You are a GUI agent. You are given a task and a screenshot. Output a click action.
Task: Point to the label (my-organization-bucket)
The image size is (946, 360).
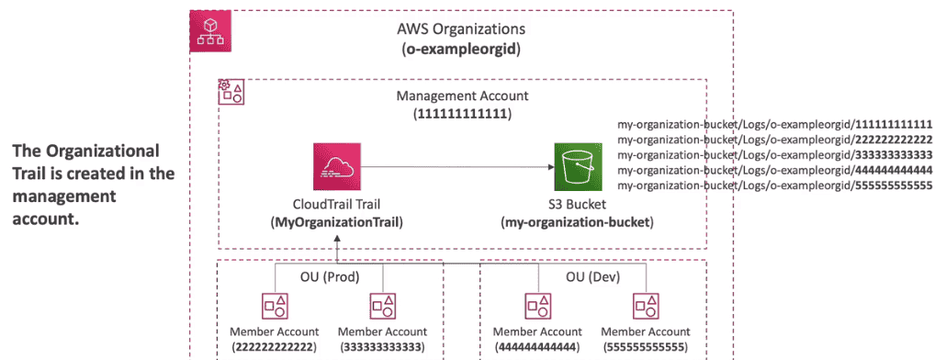click(x=570, y=222)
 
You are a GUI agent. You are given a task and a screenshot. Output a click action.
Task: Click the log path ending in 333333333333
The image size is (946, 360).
click(x=774, y=154)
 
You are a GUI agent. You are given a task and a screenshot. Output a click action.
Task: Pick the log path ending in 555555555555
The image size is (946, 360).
click(x=774, y=186)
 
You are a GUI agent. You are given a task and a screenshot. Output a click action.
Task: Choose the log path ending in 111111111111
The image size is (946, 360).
click(x=774, y=123)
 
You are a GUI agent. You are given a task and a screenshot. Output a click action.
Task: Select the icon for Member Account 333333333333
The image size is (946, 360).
click(x=382, y=307)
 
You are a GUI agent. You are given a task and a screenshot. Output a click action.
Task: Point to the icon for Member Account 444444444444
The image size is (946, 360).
click(x=538, y=307)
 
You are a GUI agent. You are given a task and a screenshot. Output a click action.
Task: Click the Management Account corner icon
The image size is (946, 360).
click(x=231, y=91)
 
